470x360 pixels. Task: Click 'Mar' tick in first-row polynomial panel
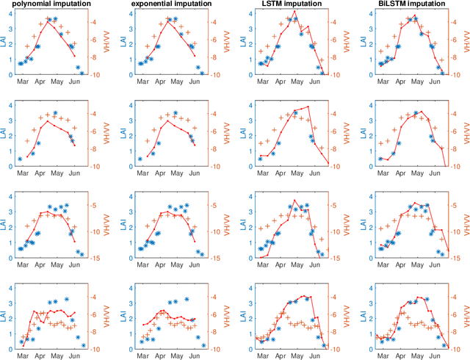pos(23,82)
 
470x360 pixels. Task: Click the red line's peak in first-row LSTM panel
pos(294,11)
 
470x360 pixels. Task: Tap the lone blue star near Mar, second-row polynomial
pos(21,159)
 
